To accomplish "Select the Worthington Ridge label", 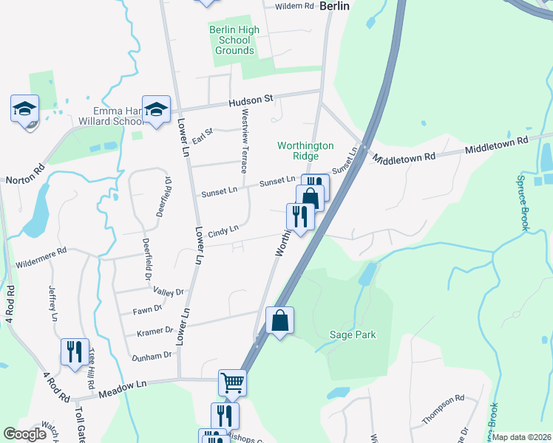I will pos(305,151).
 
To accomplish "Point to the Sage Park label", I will pos(353,334).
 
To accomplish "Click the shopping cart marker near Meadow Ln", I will pos(232,382).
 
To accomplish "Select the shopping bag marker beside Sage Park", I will pos(279,321).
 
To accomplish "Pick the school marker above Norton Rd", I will pos(24,109).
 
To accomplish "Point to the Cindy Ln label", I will pos(223,231).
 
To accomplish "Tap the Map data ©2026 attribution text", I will pos(521,437).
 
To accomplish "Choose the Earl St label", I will pos(202,136).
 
